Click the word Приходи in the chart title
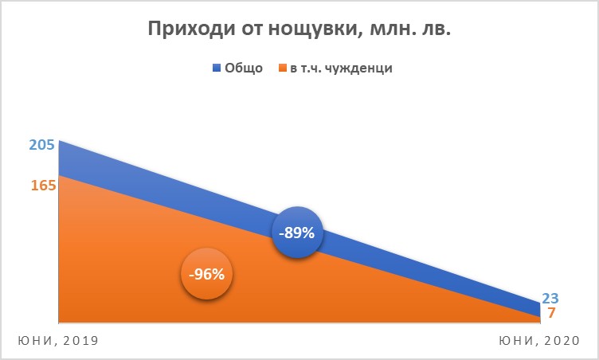(191, 29)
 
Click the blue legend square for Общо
(217, 68)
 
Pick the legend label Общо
(244, 68)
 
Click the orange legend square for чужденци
(283, 68)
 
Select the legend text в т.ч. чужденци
(341, 68)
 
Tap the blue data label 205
(42, 145)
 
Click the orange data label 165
(44, 186)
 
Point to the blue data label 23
(550, 298)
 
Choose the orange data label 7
(551, 313)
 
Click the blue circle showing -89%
(297, 233)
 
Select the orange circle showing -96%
(206, 274)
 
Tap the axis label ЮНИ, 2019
(58, 341)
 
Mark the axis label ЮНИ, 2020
(539, 341)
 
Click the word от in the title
(252, 29)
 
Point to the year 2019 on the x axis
(81, 340)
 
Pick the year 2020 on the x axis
(562, 340)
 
